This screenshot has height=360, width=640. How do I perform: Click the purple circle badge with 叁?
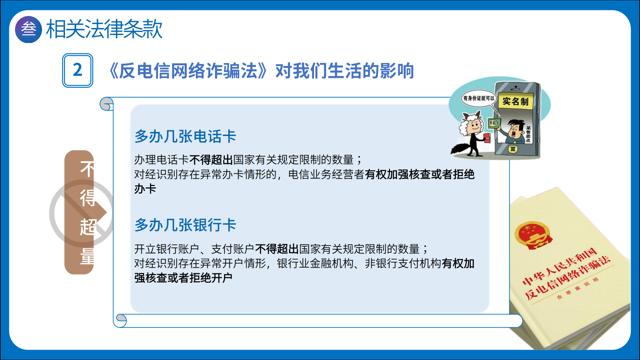(x=29, y=29)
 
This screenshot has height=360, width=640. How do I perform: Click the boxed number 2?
(x=78, y=70)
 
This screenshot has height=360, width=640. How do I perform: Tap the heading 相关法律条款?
(x=104, y=29)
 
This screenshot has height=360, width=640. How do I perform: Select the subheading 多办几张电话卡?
(x=185, y=136)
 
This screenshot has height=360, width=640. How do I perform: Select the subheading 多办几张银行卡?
(x=185, y=225)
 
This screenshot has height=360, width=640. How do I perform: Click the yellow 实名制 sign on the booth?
(x=515, y=101)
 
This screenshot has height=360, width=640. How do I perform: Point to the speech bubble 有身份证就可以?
(x=479, y=98)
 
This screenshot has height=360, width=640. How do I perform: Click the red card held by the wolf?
(x=487, y=138)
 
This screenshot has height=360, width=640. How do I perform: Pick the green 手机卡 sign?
(x=494, y=123)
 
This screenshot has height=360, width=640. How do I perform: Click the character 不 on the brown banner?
(x=87, y=169)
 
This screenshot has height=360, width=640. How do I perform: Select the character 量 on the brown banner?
(x=87, y=256)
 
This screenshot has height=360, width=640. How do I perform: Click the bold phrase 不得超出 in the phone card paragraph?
(x=211, y=160)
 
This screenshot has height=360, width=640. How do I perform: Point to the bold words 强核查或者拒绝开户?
(x=183, y=278)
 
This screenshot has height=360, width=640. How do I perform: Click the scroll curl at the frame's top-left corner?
(x=107, y=104)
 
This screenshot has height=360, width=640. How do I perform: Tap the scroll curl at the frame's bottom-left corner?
(x=121, y=320)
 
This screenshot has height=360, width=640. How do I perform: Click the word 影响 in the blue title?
(x=397, y=71)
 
